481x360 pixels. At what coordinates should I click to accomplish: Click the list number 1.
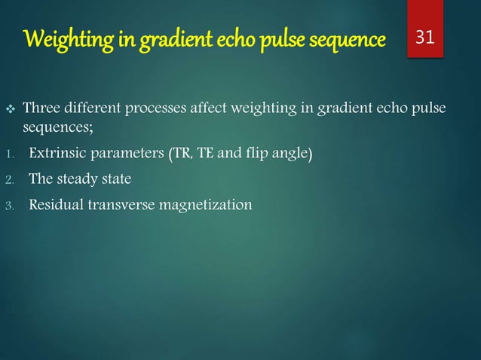(9, 156)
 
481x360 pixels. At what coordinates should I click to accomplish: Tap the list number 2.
(9, 180)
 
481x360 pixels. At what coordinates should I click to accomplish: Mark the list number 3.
(9, 204)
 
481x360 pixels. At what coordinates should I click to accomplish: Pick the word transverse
(125, 203)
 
